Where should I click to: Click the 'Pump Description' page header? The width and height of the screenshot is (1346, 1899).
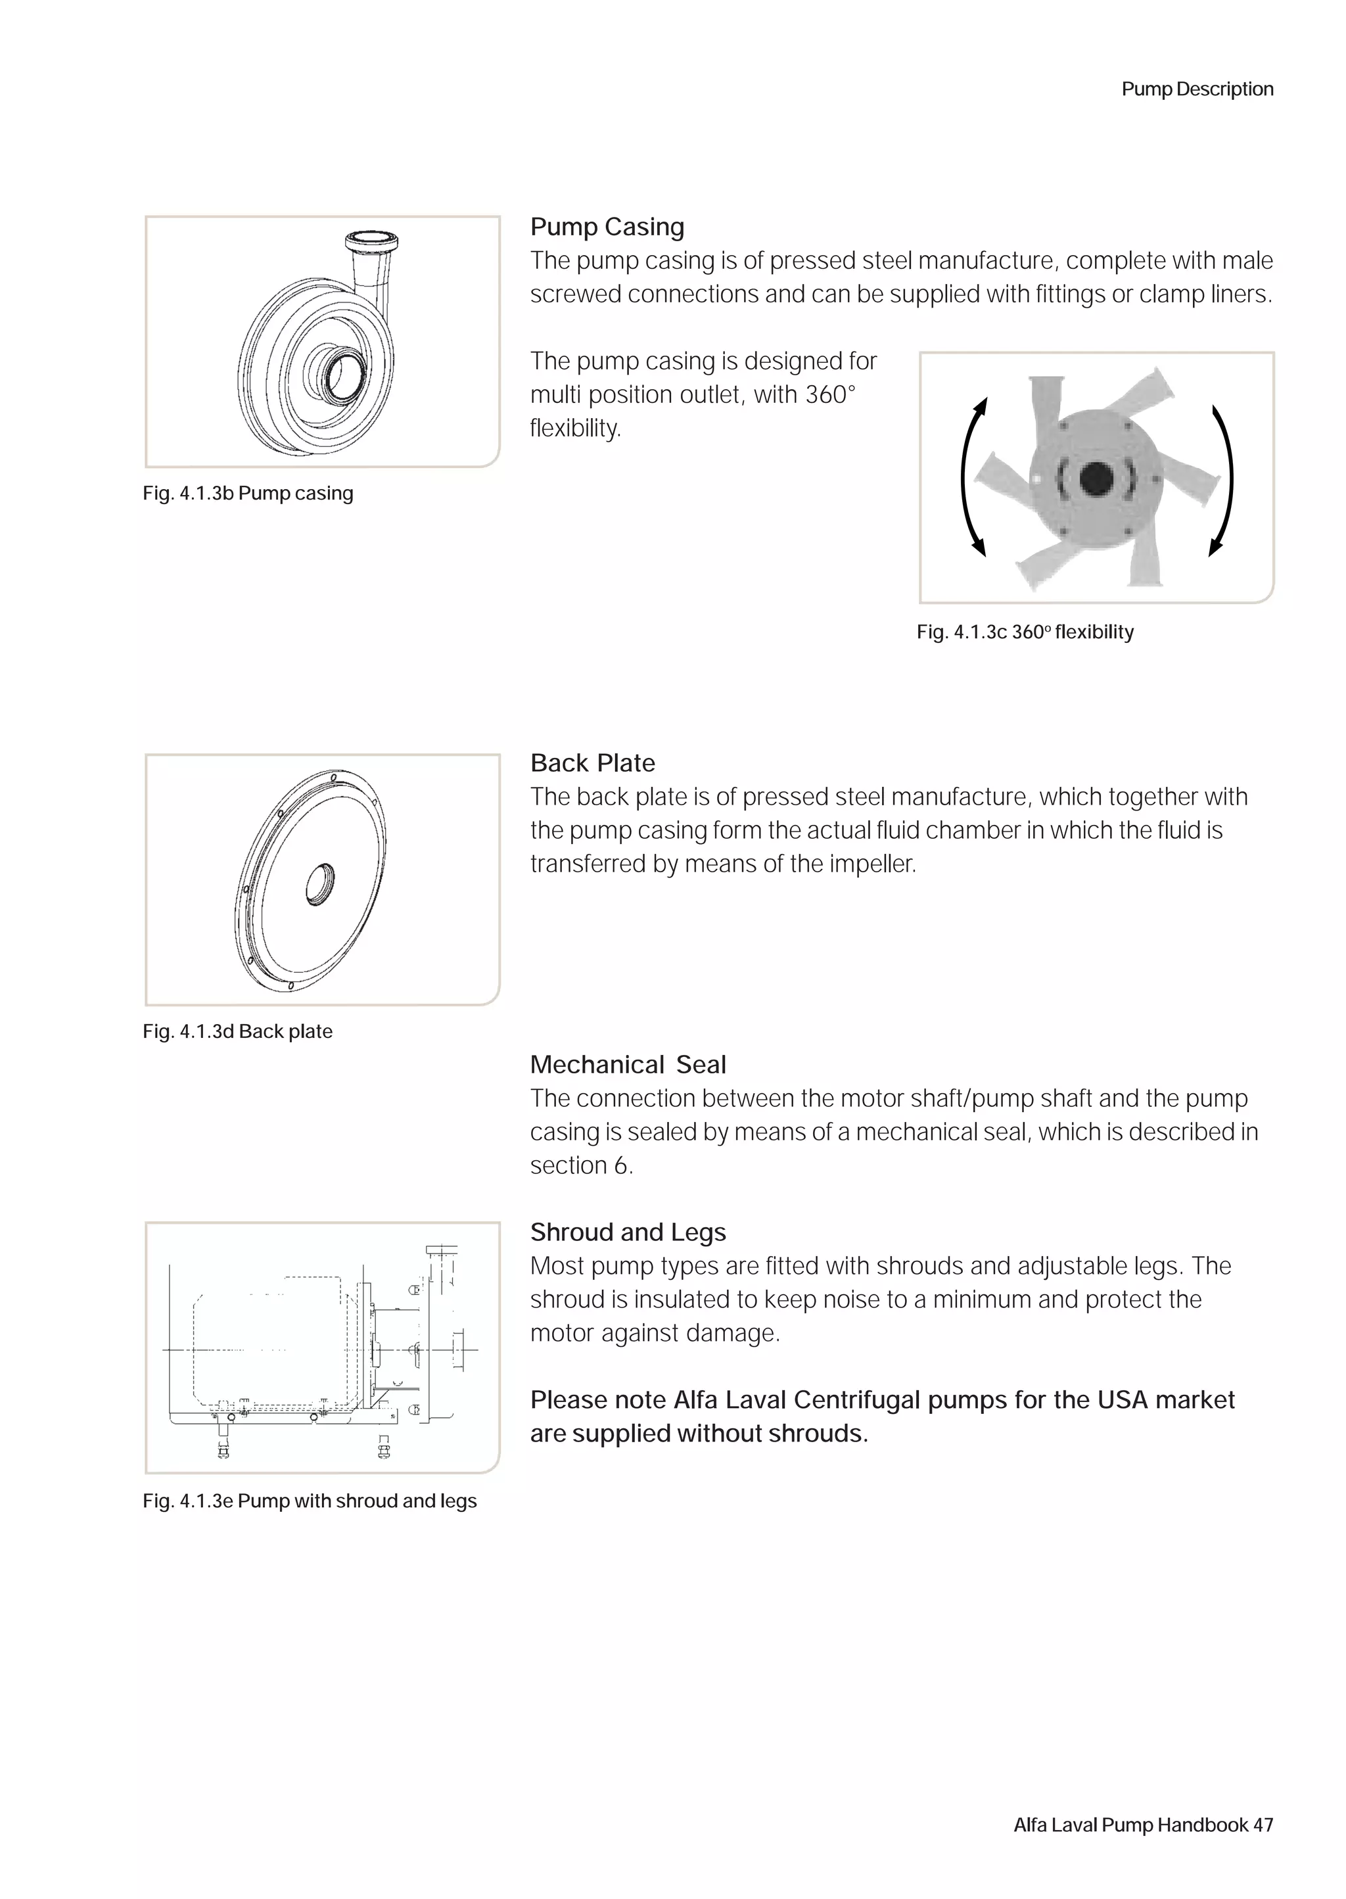click(x=1197, y=89)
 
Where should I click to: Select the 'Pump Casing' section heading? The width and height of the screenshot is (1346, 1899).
click(x=607, y=227)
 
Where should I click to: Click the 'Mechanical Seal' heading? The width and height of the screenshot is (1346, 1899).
click(x=628, y=1065)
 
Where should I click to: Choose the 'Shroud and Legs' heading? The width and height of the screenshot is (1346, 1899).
click(x=628, y=1232)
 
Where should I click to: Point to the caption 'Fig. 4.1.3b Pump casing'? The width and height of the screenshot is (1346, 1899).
click(x=248, y=494)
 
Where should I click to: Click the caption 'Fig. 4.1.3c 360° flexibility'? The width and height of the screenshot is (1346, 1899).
click(x=1025, y=632)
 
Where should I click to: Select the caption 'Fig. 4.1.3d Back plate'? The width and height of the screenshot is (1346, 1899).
click(x=237, y=1032)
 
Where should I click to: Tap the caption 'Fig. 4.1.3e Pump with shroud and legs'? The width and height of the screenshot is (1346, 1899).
click(x=309, y=1501)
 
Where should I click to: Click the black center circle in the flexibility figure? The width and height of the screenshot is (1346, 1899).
click(x=1096, y=477)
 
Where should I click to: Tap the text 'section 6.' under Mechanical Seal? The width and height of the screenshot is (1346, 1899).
click(x=581, y=1166)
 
